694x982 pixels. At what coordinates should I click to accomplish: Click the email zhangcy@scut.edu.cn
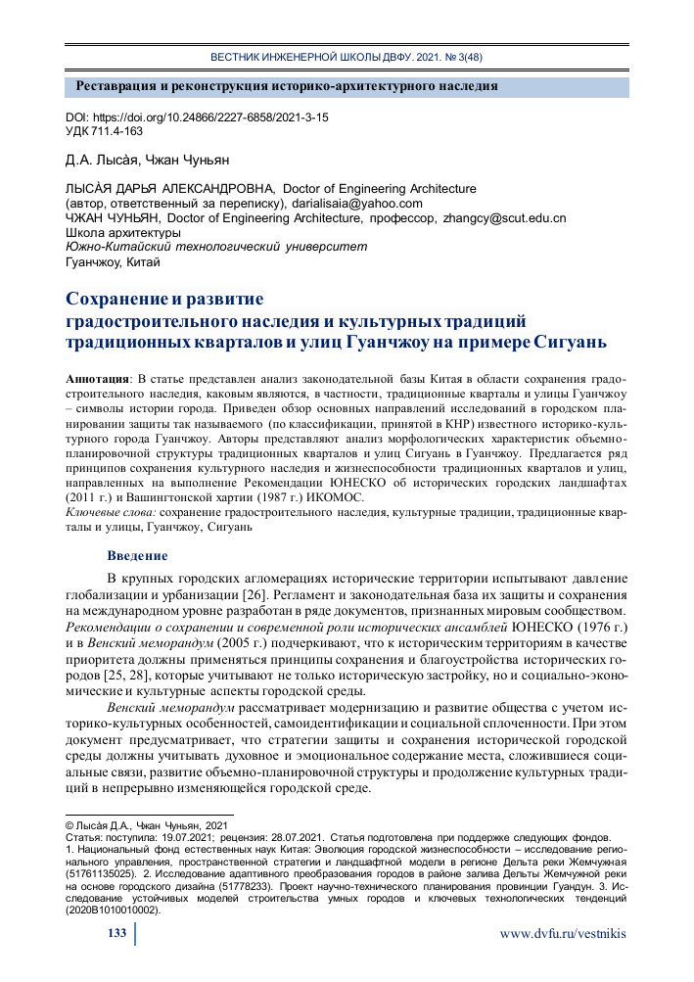[504, 217]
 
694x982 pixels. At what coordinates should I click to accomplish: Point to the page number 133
[116, 934]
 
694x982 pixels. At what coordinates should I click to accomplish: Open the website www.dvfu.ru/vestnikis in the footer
[562, 934]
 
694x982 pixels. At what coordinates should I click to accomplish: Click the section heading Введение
[137, 556]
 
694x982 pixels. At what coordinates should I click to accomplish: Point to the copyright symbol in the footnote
[69, 825]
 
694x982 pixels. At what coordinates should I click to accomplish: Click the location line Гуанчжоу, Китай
[112, 262]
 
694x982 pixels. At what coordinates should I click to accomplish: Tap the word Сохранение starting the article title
[120, 300]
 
